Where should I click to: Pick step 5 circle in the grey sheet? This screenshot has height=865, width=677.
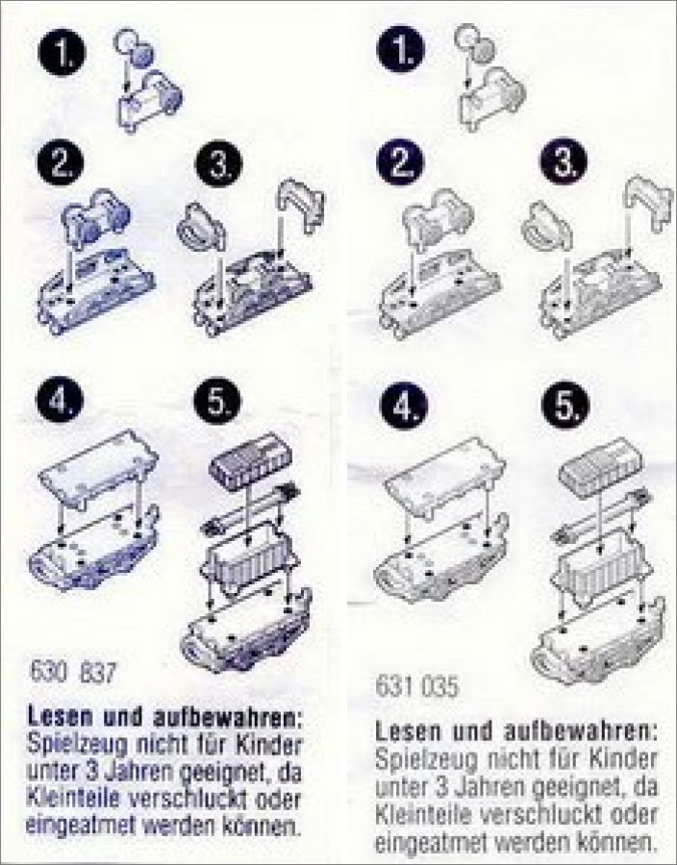[565, 406]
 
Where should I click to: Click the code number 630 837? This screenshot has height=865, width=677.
[73, 673]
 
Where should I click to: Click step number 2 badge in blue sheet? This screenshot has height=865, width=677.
[61, 162]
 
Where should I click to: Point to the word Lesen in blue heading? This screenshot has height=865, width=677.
[61, 717]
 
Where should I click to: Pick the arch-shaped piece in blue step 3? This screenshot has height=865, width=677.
[300, 204]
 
